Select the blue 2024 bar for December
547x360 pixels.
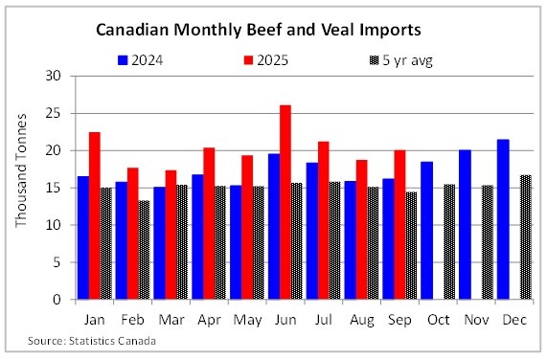(504, 219)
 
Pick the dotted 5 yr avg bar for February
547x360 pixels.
(145, 250)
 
